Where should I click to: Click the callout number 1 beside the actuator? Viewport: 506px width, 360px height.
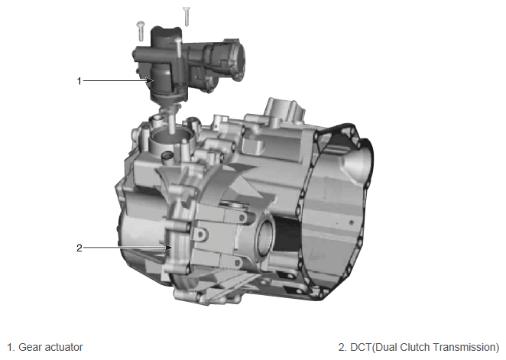[x=79, y=81]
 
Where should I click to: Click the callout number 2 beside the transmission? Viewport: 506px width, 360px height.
[x=79, y=248]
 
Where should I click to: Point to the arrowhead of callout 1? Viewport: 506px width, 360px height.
[x=151, y=80]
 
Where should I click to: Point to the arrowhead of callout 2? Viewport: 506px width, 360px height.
[x=168, y=248]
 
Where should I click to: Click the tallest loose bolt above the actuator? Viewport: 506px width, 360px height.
[x=187, y=16]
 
